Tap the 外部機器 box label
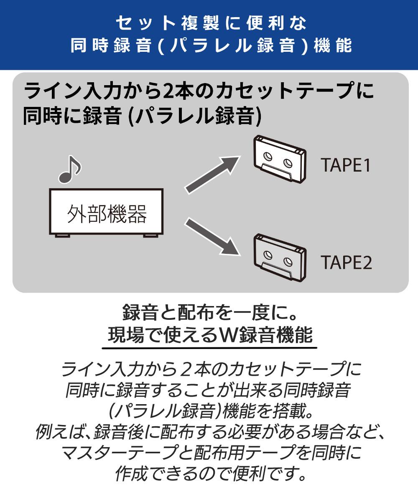click(x=107, y=214)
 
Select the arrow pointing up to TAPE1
click(x=212, y=174)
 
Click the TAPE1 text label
click(x=346, y=165)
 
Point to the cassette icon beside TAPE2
click(x=280, y=257)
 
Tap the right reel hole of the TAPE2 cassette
click(x=288, y=262)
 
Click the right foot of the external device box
click(x=152, y=236)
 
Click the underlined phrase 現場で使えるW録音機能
click(x=210, y=334)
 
